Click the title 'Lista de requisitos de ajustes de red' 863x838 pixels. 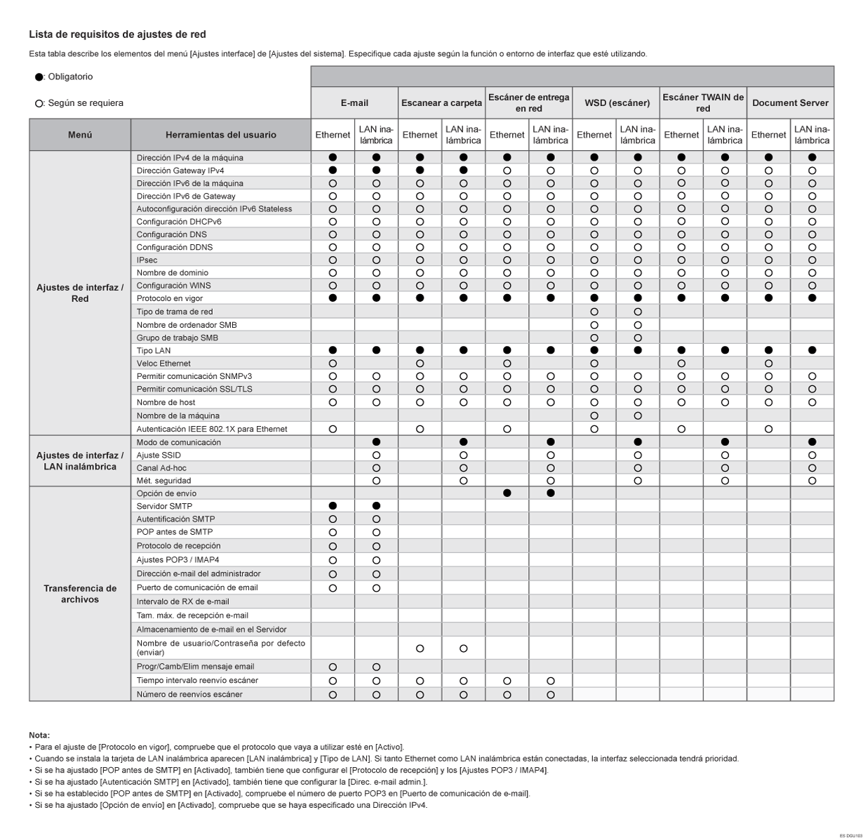(x=117, y=34)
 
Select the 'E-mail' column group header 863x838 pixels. (x=354, y=103)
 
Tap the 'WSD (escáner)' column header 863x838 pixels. (x=616, y=103)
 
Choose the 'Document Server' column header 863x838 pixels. (x=790, y=103)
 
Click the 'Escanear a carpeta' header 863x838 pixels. (x=441, y=103)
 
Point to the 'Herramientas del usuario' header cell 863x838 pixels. (x=220, y=135)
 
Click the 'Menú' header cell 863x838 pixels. (x=80, y=135)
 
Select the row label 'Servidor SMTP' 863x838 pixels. (x=164, y=506)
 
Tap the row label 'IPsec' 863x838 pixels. (x=147, y=260)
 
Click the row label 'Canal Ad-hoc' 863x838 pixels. (x=161, y=468)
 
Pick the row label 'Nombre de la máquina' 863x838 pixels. (x=178, y=416)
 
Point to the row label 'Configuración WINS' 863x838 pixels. (x=173, y=286)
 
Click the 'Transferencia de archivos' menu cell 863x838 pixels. (x=80, y=594)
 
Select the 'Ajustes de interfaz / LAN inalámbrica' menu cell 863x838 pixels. (x=80, y=461)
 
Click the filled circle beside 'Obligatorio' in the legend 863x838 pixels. (x=39, y=77)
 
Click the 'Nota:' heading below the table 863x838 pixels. (x=39, y=735)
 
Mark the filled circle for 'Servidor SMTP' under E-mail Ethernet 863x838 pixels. (x=333, y=506)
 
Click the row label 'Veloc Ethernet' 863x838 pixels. (x=163, y=364)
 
